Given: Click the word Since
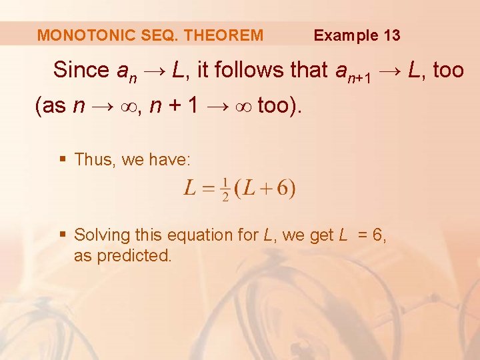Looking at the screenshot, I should click(81, 70).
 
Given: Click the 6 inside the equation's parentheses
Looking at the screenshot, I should click(283, 189).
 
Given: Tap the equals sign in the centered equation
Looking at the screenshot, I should click(209, 189).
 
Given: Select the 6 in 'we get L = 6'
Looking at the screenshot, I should click(380, 235).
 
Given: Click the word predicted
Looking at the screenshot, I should click(134, 256).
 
